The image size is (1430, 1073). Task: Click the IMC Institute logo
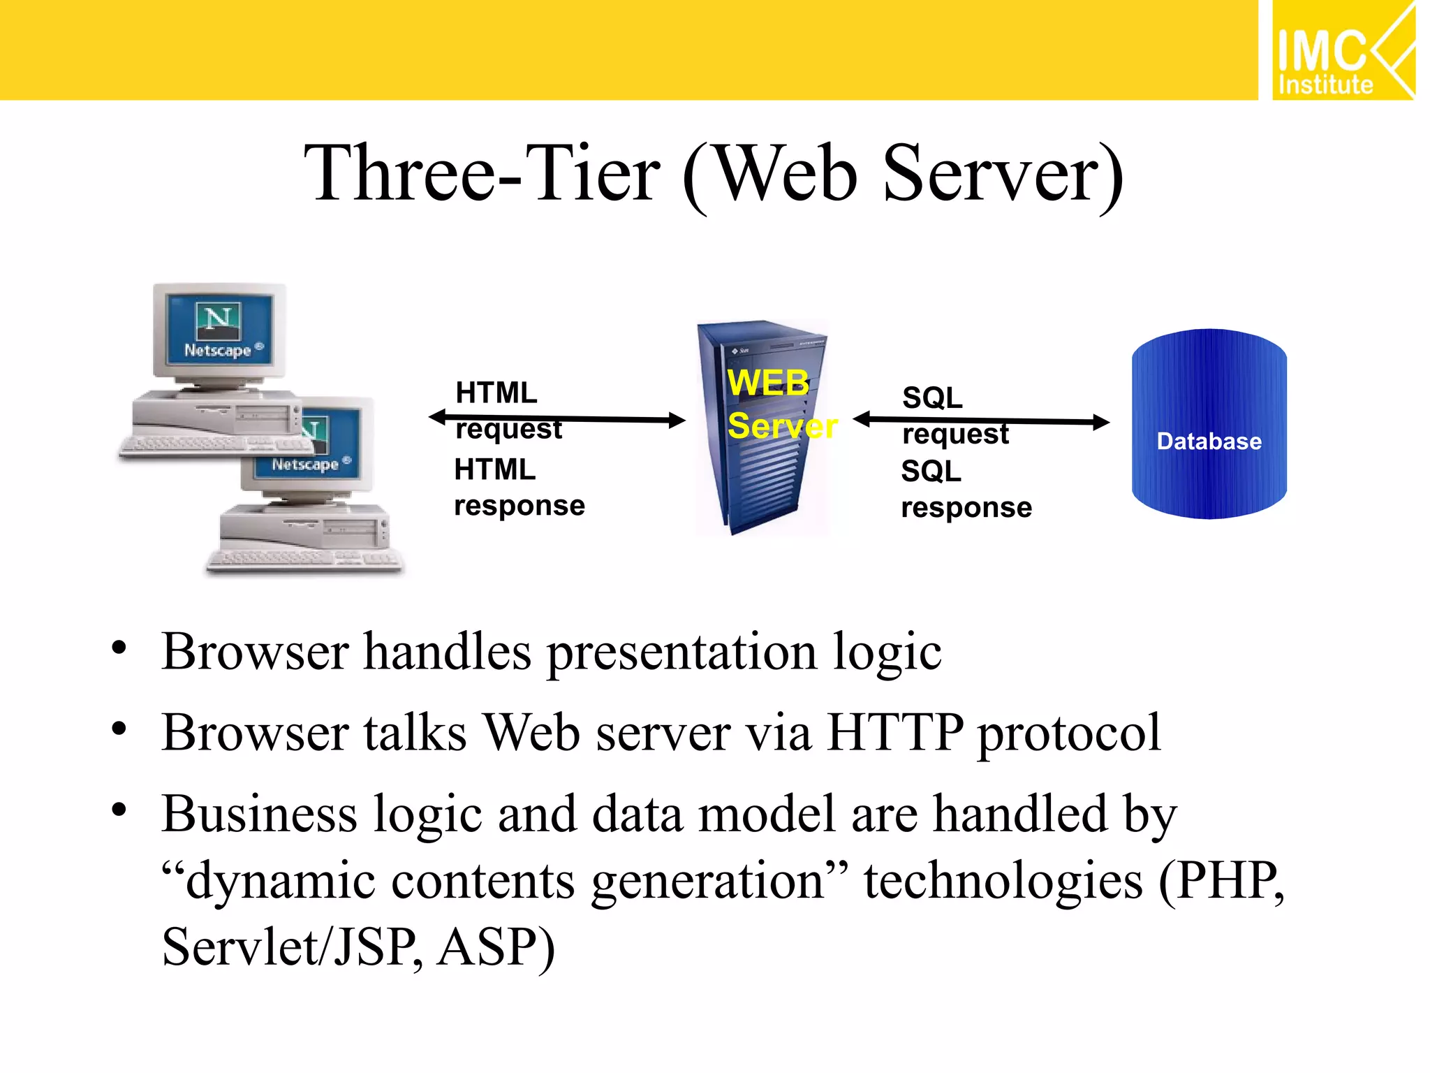tap(1342, 51)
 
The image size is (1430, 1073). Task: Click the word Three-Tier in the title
tap(482, 173)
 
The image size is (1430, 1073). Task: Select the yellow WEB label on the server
tap(768, 383)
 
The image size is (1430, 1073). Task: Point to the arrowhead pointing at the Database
tap(1101, 422)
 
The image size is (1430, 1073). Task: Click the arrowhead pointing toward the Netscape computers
tap(438, 417)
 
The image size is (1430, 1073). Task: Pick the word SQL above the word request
tap(932, 398)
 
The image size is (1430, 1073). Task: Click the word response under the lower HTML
tap(519, 506)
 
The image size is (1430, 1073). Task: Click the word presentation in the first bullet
tap(681, 652)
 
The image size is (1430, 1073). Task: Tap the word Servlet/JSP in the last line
tap(290, 947)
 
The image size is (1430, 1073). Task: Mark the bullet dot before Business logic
tap(119, 810)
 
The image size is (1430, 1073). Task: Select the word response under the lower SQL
tap(966, 508)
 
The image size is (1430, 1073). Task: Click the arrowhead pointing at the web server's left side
tap(677, 420)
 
